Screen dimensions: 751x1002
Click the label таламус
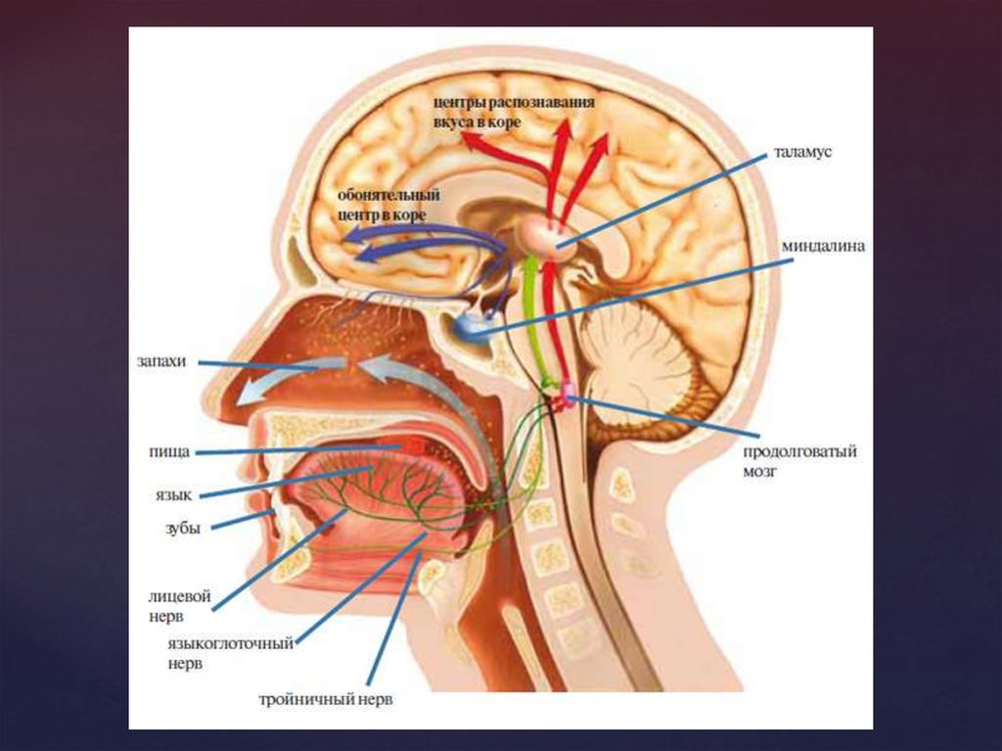pyautogui.click(x=801, y=154)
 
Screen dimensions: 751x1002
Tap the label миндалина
pyautogui.click(x=822, y=247)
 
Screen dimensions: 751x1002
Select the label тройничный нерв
pyautogui.click(x=331, y=701)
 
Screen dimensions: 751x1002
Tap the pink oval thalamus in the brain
pyautogui.click(x=548, y=236)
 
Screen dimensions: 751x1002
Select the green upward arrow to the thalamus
pyautogui.click(x=532, y=313)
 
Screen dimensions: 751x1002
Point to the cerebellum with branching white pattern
pyautogui.click(x=646, y=362)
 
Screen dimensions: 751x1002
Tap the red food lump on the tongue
pyautogui.click(x=412, y=447)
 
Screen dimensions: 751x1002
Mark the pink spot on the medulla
pyautogui.click(x=565, y=397)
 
